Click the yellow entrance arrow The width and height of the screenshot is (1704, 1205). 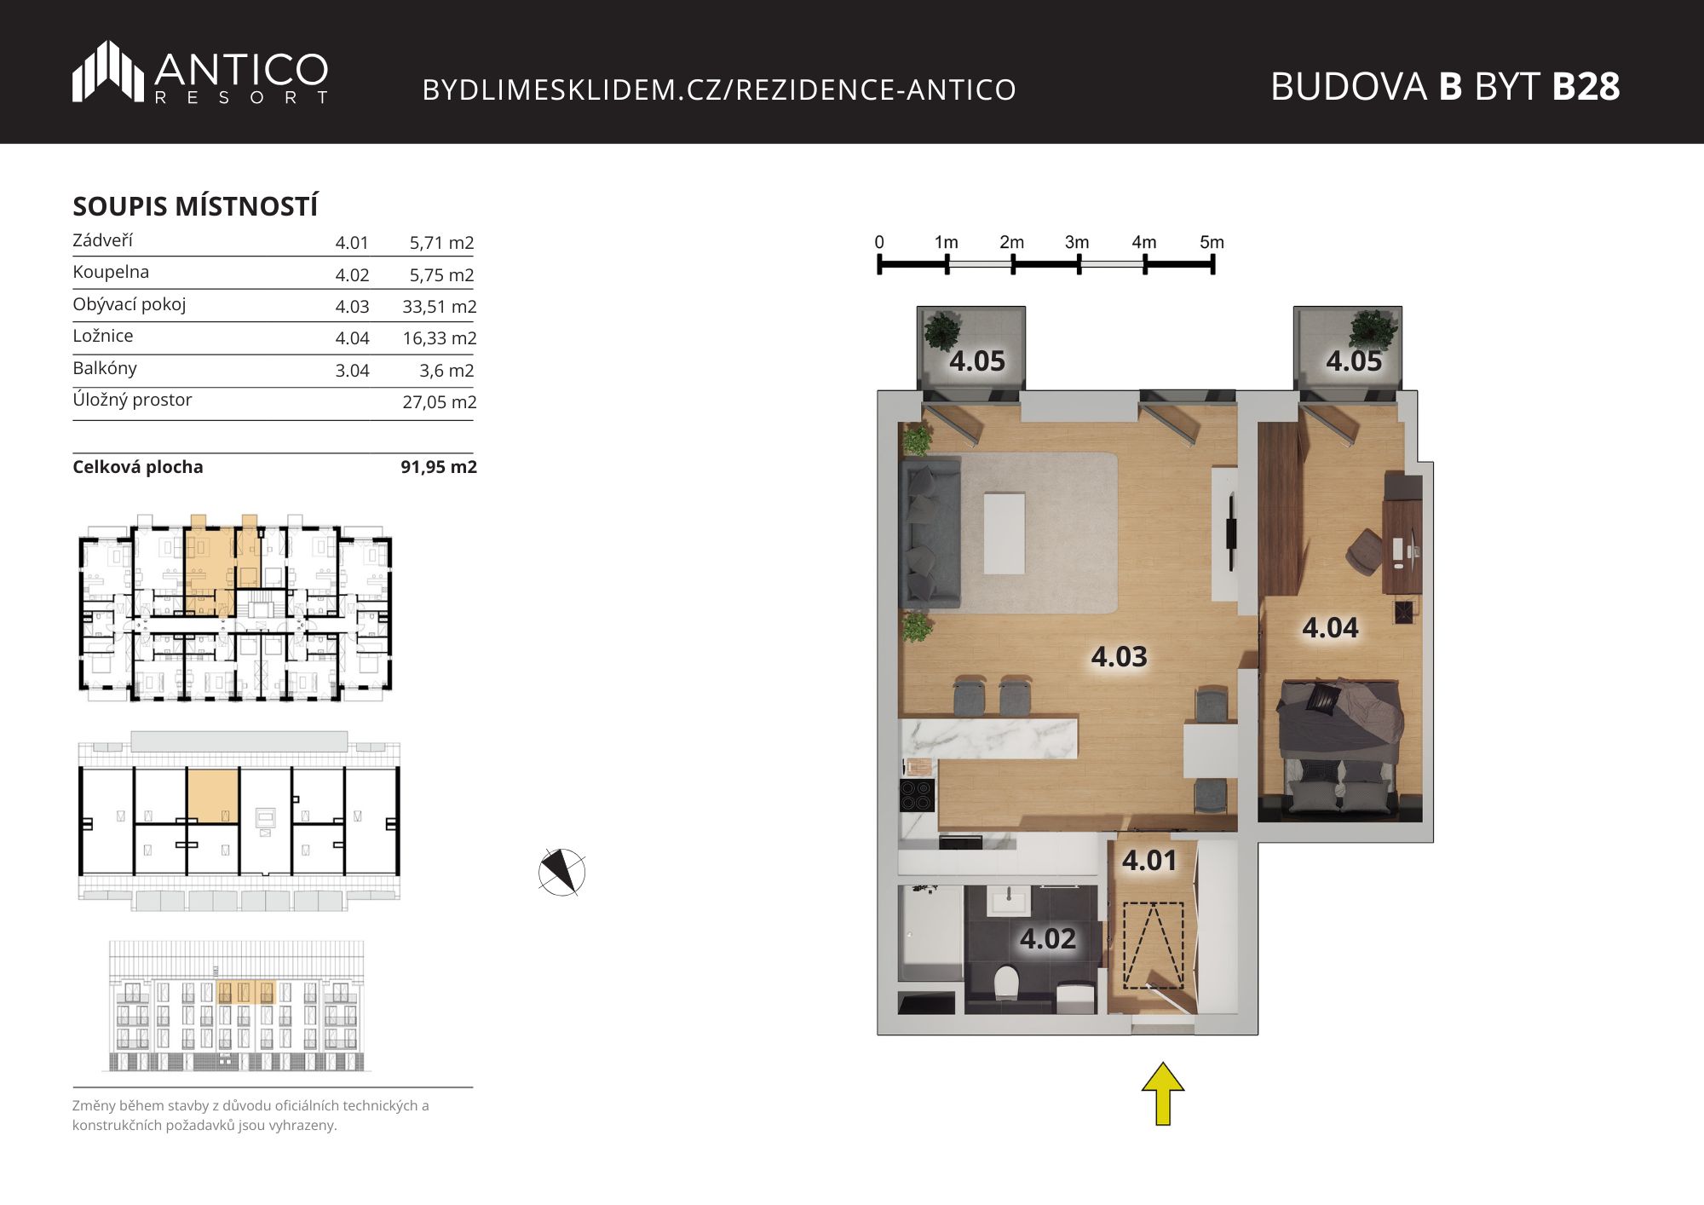coord(1163,1093)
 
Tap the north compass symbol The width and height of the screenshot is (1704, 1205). coord(562,872)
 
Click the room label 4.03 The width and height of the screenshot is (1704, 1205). coord(1119,656)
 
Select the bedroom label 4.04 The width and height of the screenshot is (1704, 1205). coord(1330,628)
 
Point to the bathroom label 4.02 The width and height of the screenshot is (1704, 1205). coord(1048,939)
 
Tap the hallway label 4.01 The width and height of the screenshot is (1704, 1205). coord(1149,861)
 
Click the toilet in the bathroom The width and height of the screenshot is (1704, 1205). coord(1006,983)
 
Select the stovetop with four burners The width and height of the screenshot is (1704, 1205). coord(918,796)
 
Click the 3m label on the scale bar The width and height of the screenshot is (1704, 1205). coord(1077,242)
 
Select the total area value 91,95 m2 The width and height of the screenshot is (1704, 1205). coord(439,467)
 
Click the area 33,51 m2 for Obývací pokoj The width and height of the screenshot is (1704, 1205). coord(440,307)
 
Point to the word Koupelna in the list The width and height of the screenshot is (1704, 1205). coord(111,272)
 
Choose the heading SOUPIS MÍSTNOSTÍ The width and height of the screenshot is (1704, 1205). coord(195,206)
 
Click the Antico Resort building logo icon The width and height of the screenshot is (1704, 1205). coord(108,71)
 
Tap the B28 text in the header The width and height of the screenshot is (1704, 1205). coord(1586,86)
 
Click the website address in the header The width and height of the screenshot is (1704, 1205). coord(719,89)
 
